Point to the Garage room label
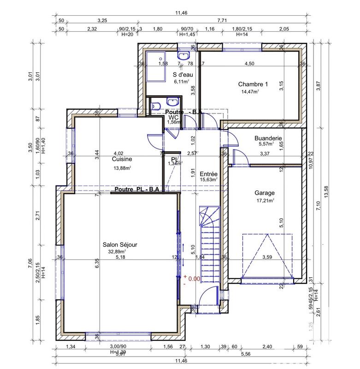[x=265, y=193]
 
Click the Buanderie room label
[x=268, y=137]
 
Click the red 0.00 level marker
[x=194, y=279]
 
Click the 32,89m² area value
[x=117, y=252]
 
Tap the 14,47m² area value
[x=249, y=92]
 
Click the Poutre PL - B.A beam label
[x=136, y=189]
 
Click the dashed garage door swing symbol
[x=267, y=256]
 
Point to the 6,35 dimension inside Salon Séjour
[x=97, y=263]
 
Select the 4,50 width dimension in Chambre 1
[x=249, y=63]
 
